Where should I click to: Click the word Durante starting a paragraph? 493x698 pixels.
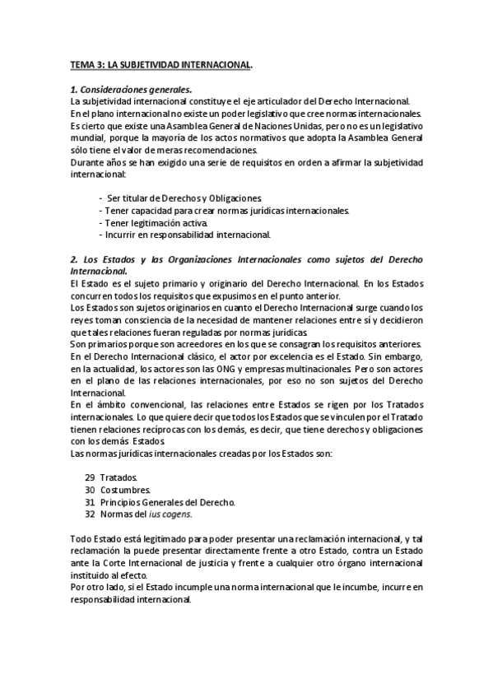point(87,163)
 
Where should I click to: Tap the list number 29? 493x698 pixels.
point(90,477)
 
